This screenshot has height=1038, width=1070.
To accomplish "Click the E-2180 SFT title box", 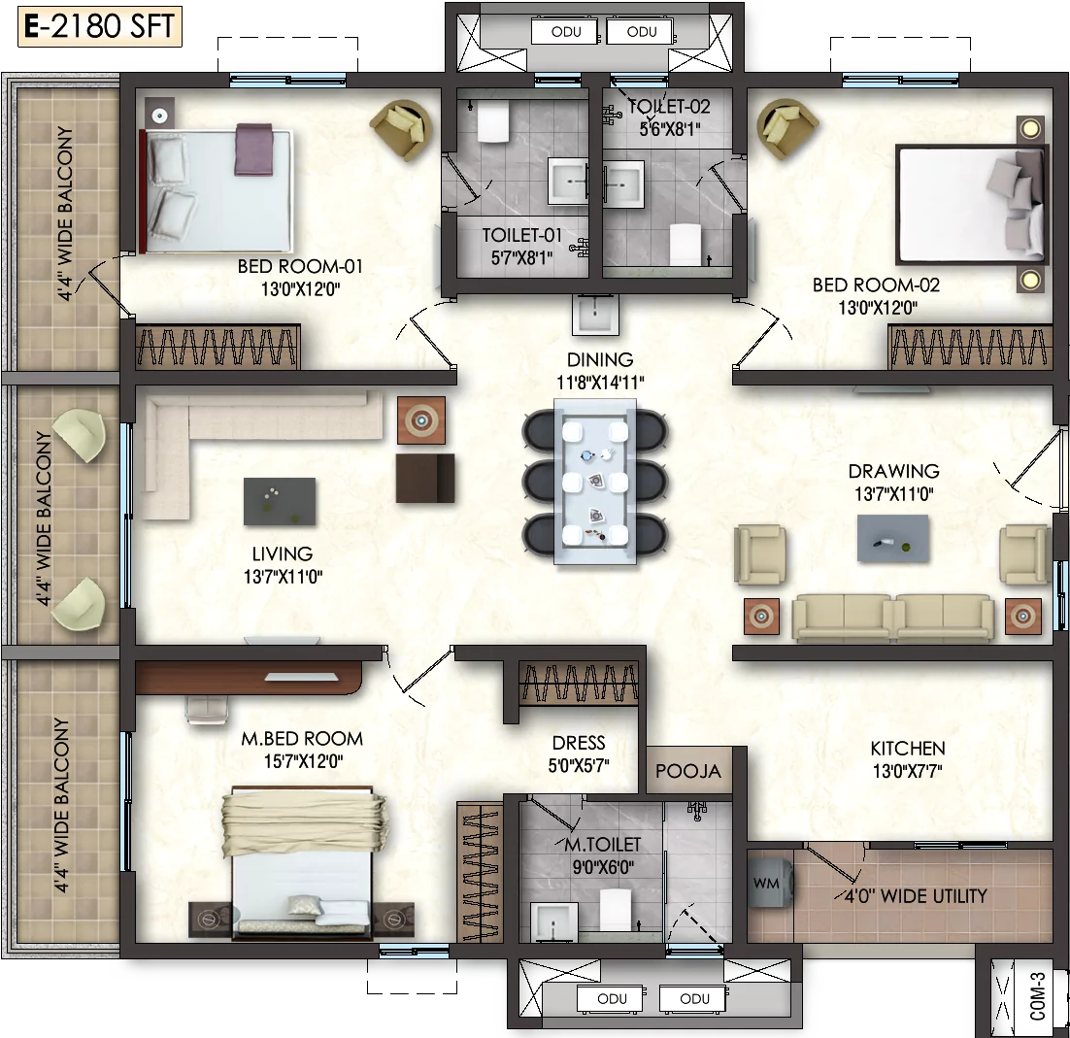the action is (100, 26).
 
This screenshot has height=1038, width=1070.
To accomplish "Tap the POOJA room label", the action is (687, 771).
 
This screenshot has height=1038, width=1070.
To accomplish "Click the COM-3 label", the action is (1037, 996).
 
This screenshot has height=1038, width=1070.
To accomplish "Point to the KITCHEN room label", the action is (908, 748).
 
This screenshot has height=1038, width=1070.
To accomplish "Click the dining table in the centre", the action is (595, 482).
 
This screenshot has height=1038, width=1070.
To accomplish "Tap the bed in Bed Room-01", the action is (216, 190).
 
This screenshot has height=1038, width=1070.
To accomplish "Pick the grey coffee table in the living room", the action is (280, 502).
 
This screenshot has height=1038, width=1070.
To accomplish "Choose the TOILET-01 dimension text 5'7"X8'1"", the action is (521, 258).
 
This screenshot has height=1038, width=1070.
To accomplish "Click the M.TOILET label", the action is (603, 844).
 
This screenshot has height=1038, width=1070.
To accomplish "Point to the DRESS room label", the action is (579, 743).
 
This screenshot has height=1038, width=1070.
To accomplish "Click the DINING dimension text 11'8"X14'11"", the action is (600, 383).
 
